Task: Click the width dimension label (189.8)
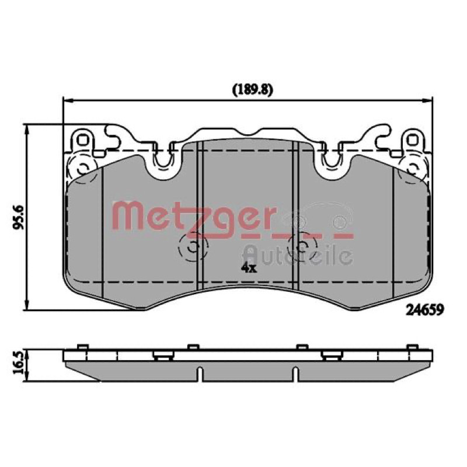(x=252, y=90)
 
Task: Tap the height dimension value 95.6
(x=18, y=217)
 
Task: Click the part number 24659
(x=425, y=310)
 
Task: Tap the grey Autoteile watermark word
(x=298, y=255)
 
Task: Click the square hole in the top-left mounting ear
(x=82, y=140)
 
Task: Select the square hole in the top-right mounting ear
(x=413, y=140)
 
